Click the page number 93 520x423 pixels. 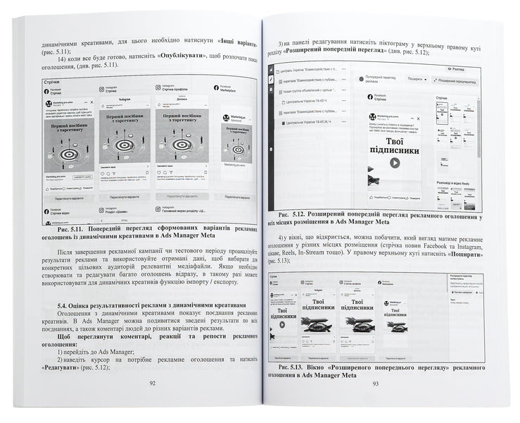(x=375, y=384)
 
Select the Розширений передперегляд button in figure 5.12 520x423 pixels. (x=461, y=81)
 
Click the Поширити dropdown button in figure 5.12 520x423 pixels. (x=416, y=80)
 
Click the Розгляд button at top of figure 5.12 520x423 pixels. (x=455, y=70)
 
